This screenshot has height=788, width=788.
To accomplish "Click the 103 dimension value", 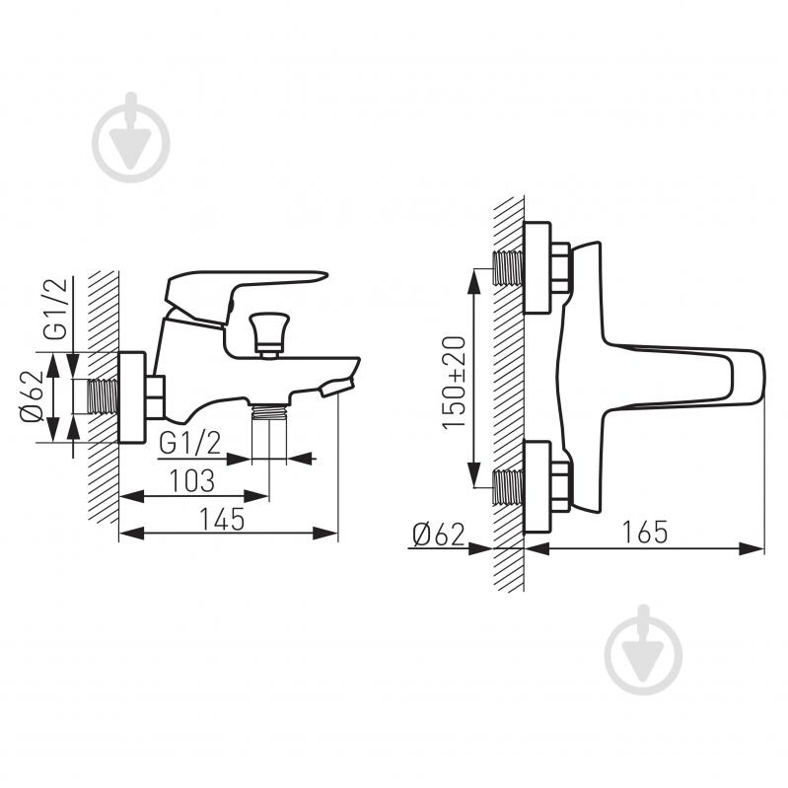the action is [192, 480].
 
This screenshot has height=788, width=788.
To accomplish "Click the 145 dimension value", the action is [222, 519].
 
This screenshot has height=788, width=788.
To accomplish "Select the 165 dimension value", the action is [645, 532].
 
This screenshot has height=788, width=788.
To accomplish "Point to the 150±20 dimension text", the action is [455, 383].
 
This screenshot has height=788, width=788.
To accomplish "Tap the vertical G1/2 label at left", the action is [55, 309].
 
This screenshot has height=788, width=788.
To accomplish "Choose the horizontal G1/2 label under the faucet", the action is [190, 443].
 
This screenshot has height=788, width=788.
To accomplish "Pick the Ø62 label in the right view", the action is [438, 535].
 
